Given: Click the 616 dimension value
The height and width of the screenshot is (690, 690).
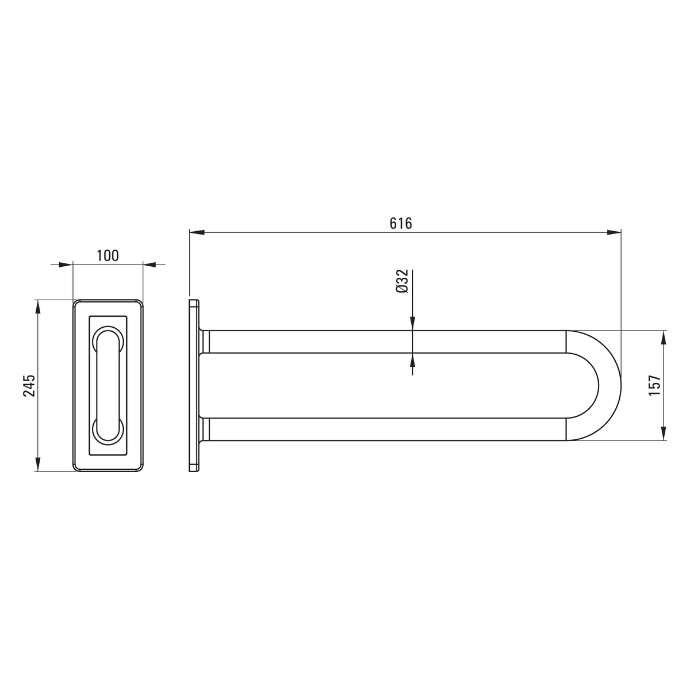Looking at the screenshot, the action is coord(401,224).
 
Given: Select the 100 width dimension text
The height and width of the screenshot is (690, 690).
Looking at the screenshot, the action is coord(108,256).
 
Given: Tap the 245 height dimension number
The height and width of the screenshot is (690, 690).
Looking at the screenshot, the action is coord(29,385).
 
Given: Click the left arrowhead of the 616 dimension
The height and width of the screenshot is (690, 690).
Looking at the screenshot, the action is coord(197,232).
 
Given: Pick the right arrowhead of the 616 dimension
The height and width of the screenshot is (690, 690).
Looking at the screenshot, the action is coord(614,232).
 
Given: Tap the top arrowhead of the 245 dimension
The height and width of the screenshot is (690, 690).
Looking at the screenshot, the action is coord(37,307).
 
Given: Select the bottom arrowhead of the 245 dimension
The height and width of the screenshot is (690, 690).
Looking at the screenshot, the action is coord(37,463).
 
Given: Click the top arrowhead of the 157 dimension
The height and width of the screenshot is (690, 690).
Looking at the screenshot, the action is coord(663,338).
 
